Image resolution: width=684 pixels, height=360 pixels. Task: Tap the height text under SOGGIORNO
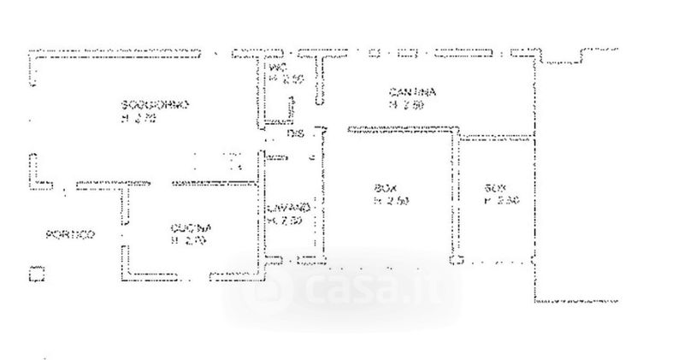click(x=139, y=119)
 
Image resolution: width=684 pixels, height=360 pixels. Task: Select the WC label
click(x=275, y=68)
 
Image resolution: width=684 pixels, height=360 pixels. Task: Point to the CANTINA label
click(x=413, y=92)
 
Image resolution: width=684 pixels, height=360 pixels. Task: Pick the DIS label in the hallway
click(x=295, y=135)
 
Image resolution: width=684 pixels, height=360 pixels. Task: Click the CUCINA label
click(x=190, y=227)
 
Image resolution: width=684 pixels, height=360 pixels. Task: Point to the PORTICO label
click(x=71, y=234)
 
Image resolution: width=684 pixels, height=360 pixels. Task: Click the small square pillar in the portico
click(x=36, y=274)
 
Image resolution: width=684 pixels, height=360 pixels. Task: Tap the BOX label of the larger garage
click(x=386, y=188)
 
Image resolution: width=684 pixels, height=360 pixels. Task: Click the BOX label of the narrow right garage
click(x=494, y=188)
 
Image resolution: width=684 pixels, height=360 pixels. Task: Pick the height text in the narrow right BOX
click(x=498, y=202)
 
